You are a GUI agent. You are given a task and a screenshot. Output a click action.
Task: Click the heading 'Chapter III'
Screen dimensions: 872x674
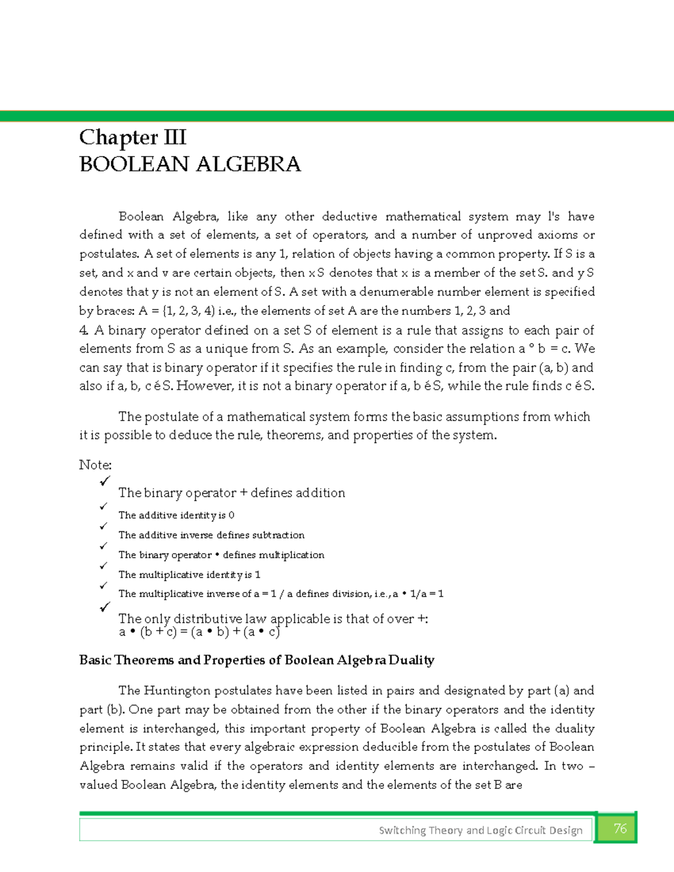coord(133,138)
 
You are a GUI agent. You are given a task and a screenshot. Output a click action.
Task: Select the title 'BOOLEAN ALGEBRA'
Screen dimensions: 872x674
coord(190,165)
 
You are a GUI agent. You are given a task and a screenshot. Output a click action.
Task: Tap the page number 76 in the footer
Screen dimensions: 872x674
coord(620,829)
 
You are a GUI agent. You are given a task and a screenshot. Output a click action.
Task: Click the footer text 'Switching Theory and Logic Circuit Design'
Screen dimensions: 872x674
coord(480,830)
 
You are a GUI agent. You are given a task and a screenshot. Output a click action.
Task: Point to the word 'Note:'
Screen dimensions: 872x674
coord(95,465)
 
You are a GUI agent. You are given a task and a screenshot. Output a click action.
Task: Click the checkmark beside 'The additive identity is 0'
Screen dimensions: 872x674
coord(103,506)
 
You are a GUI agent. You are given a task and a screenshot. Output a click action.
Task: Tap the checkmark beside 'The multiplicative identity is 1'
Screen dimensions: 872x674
coord(103,566)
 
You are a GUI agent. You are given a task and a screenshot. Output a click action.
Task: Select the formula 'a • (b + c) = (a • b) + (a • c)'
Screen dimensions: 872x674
coord(199,632)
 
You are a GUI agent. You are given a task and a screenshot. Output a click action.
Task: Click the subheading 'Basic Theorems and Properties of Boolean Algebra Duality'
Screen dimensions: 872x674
coord(257,660)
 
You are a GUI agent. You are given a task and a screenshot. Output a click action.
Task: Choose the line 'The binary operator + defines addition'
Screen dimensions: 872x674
coord(231,493)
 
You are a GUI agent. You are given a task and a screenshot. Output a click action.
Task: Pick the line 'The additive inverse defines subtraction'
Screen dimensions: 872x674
coord(211,535)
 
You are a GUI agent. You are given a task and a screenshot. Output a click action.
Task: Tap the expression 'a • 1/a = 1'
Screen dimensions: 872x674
coord(418,593)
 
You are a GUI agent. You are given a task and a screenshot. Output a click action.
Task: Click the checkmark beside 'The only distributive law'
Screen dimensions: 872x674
coord(104,608)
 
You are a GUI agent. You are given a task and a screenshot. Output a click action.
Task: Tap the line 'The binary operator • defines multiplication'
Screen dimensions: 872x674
coord(221,555)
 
